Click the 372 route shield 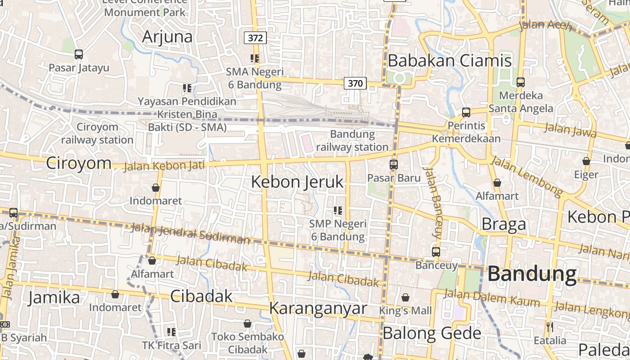click(255, 38)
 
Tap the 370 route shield click(355, 83)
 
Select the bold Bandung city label click(532, 274)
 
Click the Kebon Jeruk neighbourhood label click(297, 182)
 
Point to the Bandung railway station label click(352, 140)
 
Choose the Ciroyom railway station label click(97, 133)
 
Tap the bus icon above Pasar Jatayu click(79, 54)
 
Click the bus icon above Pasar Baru click(394, 165)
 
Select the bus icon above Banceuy click(436, 252)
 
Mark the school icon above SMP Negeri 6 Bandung click(338, 210)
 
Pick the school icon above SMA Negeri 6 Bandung click(255, 58)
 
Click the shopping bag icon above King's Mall click(405, 297)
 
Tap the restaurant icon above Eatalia click(549, 326)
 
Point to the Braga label click(504, 224)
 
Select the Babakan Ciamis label click(450, 60)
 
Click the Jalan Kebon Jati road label click(164, 166)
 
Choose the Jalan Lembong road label click(526, 176)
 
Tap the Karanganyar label click(318, 308)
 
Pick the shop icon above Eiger click(586, 161)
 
